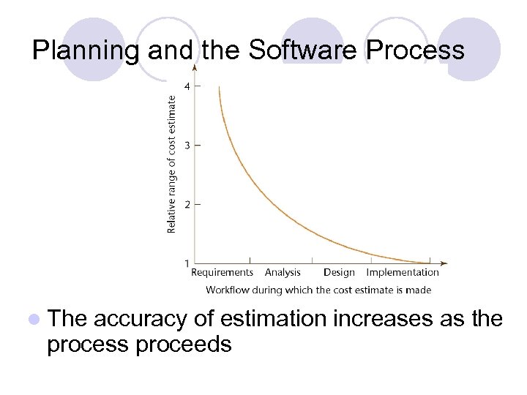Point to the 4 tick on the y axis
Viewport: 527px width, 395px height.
tap(187, 86)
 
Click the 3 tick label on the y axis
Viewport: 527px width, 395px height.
tap(187, 146)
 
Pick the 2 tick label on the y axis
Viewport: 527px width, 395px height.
tap(187, 204)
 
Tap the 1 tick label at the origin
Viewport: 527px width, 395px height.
tap(187, 263)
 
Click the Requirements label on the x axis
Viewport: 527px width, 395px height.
tap(222, 273)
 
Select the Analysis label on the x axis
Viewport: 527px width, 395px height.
tap(283, 273)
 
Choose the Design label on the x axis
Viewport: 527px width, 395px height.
tap(339, 273)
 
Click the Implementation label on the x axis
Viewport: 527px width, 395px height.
tap(403, 273)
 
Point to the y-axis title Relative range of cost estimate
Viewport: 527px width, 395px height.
tap(172, 165)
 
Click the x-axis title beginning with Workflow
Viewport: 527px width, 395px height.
tap(318, 290)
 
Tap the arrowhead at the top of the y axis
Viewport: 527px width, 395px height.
tap(195, 68)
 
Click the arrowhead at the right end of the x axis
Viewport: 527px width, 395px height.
tap(444, 263)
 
